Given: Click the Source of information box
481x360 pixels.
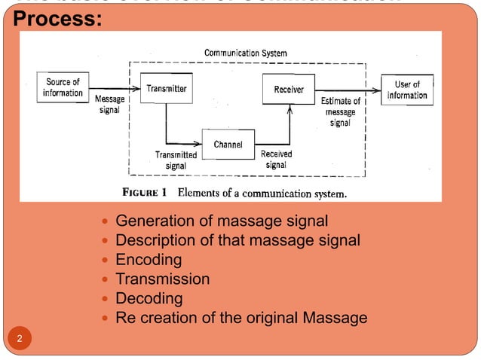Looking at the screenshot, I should (x=63, y=87).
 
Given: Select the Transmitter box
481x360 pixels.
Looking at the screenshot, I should (x=167, y=88).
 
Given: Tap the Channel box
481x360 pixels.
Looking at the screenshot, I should (x=228, y=144).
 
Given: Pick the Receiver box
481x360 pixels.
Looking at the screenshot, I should (x=288, y=89).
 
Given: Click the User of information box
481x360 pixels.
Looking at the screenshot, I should (x=407, y=90).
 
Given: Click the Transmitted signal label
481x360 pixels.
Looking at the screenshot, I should (x=176, y=160).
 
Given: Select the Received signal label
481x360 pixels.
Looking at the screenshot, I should (x=276, y=159).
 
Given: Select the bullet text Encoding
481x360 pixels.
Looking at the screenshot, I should (x=149, y=260).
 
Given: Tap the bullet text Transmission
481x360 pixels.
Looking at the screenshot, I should (x=162, y=279).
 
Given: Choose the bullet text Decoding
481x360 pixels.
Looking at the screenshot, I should (x=149, y=298).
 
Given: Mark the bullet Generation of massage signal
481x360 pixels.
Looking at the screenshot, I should (x=222, y=221).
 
